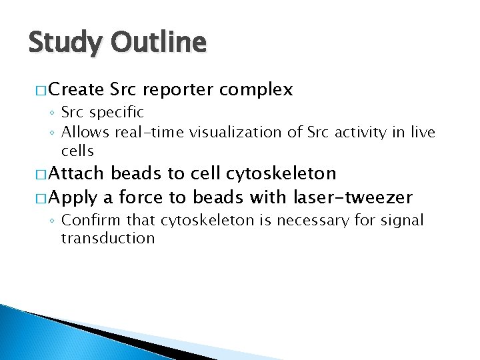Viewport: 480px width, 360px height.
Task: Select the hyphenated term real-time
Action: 150,133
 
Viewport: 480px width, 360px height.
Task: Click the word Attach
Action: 76,174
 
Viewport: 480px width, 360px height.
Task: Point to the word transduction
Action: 108,238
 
